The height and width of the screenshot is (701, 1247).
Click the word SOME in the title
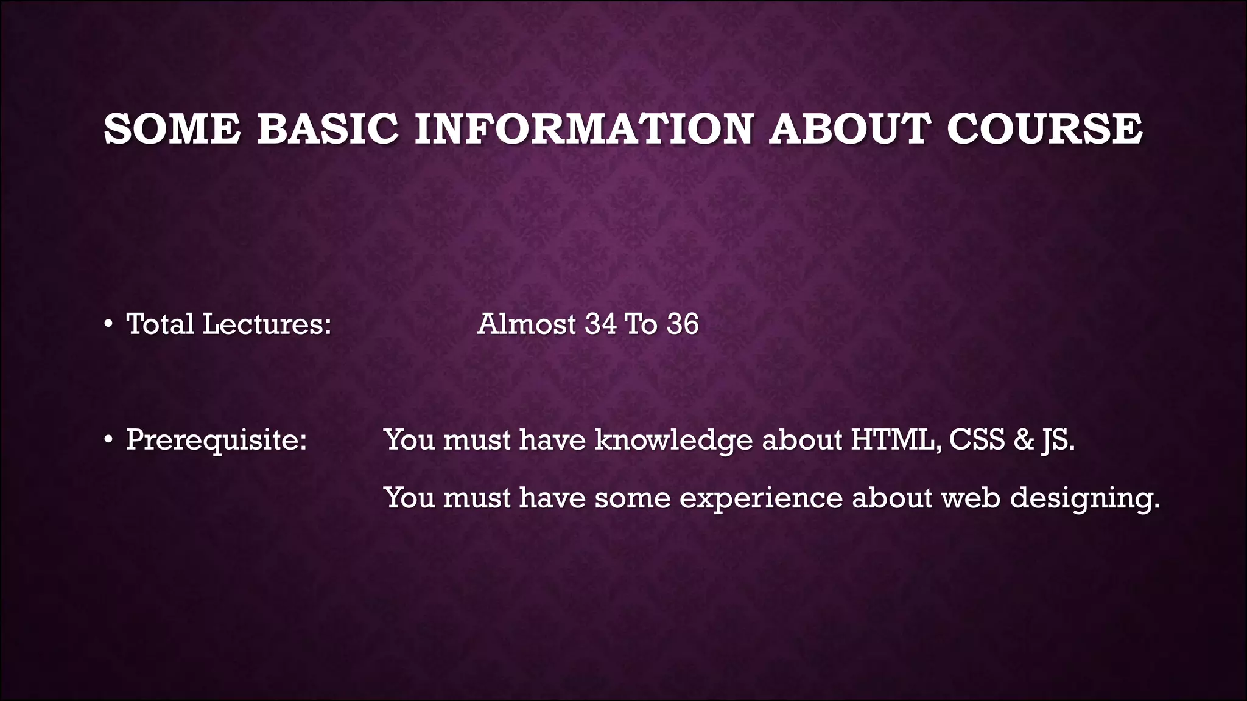coord(172,129)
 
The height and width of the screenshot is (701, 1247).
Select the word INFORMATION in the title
coord(583,129)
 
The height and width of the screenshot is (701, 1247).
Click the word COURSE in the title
coord(1045,129)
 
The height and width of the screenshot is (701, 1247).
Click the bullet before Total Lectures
coord(108,324)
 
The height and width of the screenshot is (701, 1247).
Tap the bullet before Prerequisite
coord(108,440)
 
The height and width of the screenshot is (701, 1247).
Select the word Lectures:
coord(267,324)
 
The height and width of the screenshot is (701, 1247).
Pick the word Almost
coord(527,324)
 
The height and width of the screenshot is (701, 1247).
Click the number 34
coord(600,324)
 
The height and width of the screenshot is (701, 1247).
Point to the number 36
coord(683,324)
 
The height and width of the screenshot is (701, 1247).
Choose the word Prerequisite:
coord(216,441)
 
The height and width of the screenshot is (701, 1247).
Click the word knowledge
coord(673,441)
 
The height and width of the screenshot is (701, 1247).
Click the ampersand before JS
coord(1024,439)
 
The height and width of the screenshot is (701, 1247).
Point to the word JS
coord(1058,441)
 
